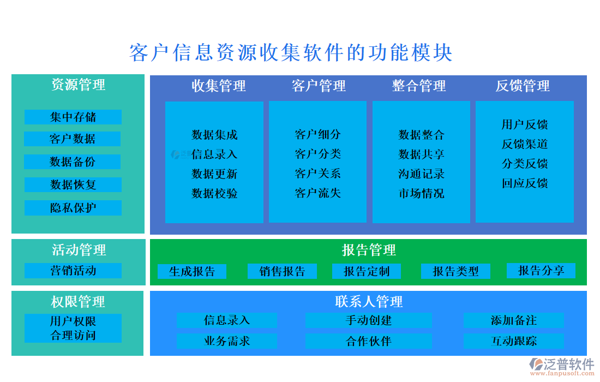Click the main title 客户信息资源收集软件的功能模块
click(x=291, y=53)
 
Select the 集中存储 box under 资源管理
click(x=73, y=117)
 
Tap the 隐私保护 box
click(x=73, y=208)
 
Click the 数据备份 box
click(x=73, y=162)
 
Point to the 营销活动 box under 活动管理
click(x=73, y=271)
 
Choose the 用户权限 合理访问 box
click(x=73, y=328)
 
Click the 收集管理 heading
click(x=218, y=86)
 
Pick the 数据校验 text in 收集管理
click(x=214, y=193)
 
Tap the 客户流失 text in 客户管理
click(x=318, y=193)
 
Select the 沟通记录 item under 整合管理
click(x=421, y=174)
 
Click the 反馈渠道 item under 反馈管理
click(x=525, y=144)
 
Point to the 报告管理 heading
click(x=369, y=250)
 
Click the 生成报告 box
click(x=192, y=271)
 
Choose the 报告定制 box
click(x=367, y=271)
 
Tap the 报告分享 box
click(x=541, y=271)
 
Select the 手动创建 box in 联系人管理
click(x=368, y=320)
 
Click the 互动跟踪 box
click(x=513, y=342)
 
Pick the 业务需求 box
click(x=226, y=342)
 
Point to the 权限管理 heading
click(x=78, y=302)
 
